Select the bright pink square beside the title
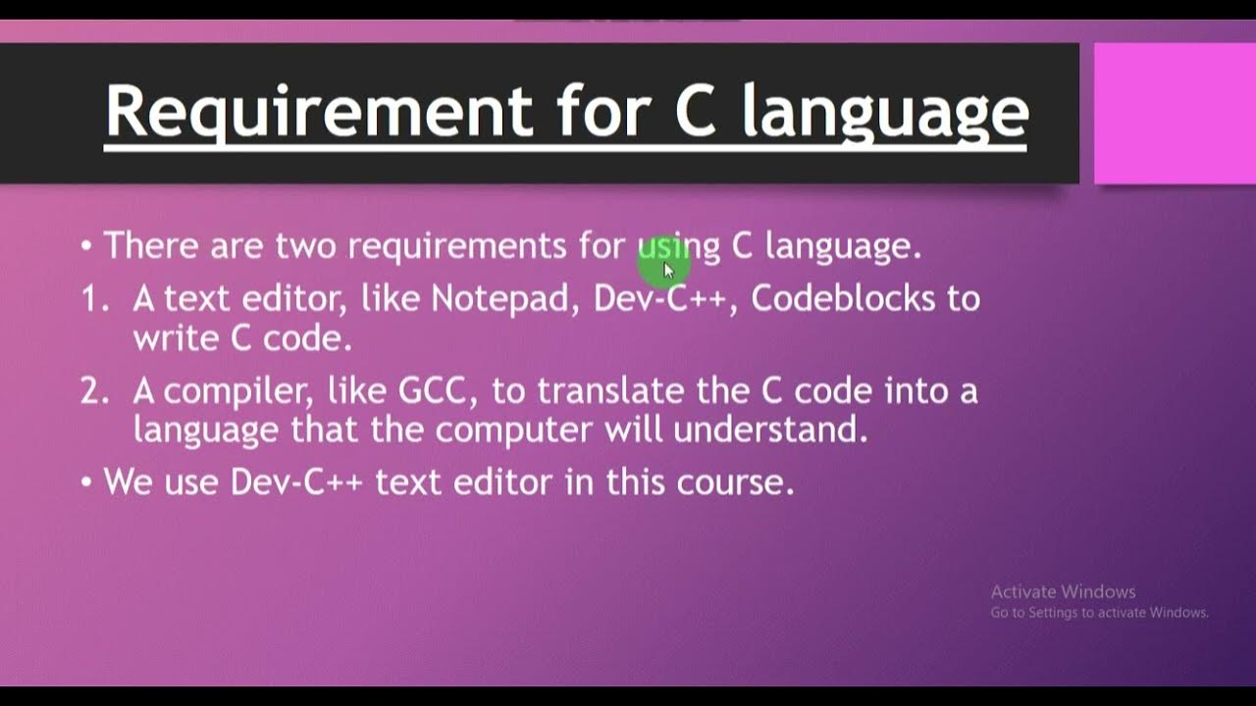click(x=1174, y=113)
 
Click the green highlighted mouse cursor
click(x=665, y=266)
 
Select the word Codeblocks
click(x=843, y=298)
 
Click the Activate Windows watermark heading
click(x=1063, y=592)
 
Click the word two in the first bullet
click(x=306, y=246)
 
